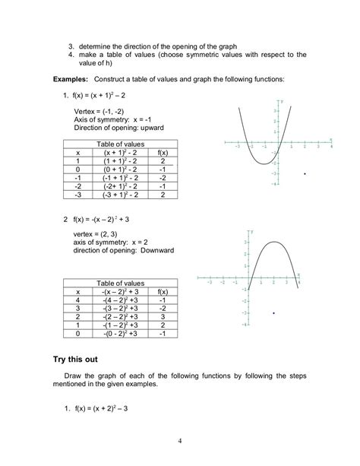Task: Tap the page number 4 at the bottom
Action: pos(179,441)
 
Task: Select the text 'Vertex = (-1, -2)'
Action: pos(105,111)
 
